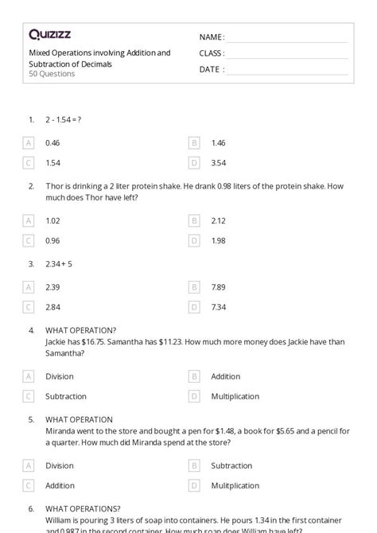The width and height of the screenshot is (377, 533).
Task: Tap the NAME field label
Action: (x=211, y=37)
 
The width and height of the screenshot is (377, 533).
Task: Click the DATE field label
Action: (x=211, y=69)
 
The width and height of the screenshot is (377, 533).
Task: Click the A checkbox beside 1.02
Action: (x=29, y=220)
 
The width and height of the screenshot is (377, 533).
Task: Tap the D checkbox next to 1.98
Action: (x=194, y=240)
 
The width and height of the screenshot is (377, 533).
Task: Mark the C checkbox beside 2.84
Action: (x=29, y=306)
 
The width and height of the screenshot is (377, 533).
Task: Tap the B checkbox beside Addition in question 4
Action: (x=194, y=376)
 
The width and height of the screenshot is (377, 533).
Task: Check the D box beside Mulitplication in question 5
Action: (x=194, y=485)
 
